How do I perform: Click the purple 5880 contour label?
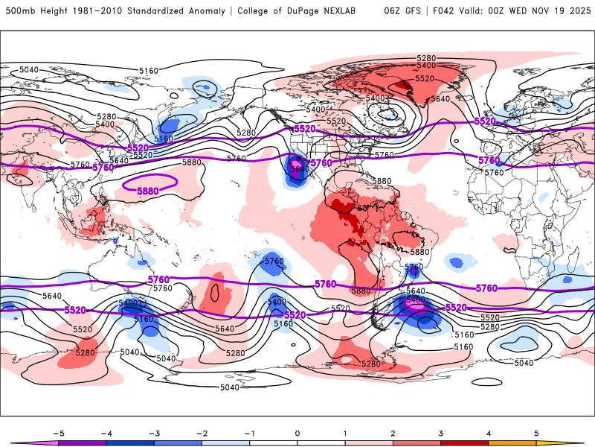[x=148, y=191]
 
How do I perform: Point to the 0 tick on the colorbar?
[x=297, y=433]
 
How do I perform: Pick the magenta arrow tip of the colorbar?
[x=22, y=443]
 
